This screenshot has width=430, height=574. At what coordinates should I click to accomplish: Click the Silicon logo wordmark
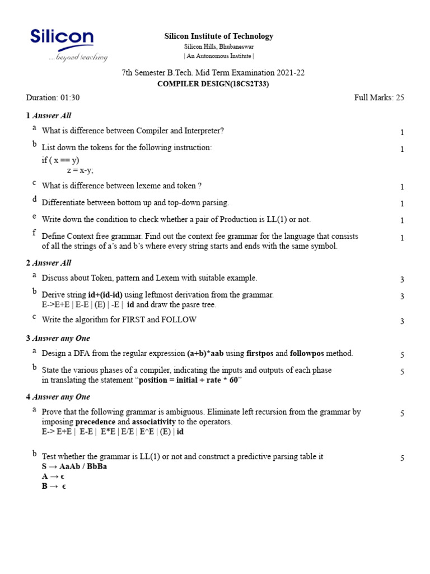pyautogui.click(x=62, y=38)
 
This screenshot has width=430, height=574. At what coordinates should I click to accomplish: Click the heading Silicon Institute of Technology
pyautogui.click(x=218, y=36)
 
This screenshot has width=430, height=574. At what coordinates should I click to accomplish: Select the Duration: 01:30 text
pyautogui.click(x=53, y=98)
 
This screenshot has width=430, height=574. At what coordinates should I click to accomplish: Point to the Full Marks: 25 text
pyautogui.click(x=379, y=98)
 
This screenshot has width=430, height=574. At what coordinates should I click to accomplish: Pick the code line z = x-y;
pyautogui.click(x=80, y=170)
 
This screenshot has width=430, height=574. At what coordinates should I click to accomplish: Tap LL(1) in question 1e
pyautogui.click(x=286, y=219)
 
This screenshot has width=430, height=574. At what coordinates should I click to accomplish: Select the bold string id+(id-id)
pyautogui.click(x=105, y=295)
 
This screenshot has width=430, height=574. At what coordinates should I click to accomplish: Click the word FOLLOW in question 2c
pyautogui.click(x=179, y=320)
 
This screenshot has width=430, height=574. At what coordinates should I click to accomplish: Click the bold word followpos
pyautogui.click(x=307, y=354)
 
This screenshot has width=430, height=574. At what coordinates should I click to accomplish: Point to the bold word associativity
pyautogui.click(x=154, y=422)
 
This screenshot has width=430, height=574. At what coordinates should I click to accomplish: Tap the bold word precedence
pyautogui.click(x=95, y=422)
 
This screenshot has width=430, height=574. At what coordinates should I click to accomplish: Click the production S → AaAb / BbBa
pyautogui.click(x=74, y=466)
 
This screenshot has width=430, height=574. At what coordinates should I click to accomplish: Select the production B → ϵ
pyautogui.click(x=54, y=487)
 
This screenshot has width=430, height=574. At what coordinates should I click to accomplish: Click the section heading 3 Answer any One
pyautogui.click(x=58, y=339)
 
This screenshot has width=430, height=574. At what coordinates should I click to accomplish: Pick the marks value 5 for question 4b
pyautogui.click(x=402, y=459)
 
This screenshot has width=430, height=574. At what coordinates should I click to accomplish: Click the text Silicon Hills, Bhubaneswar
pyautogui.click(x=218, y=47)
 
